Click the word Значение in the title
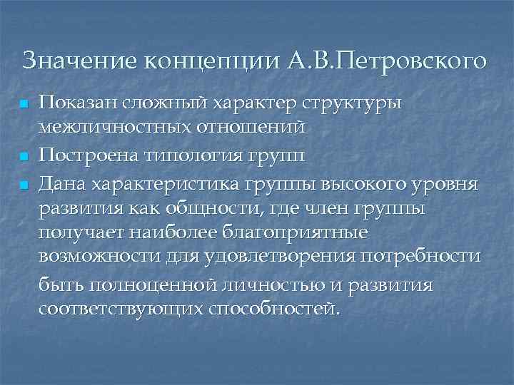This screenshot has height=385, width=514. [x=79, y=61]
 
